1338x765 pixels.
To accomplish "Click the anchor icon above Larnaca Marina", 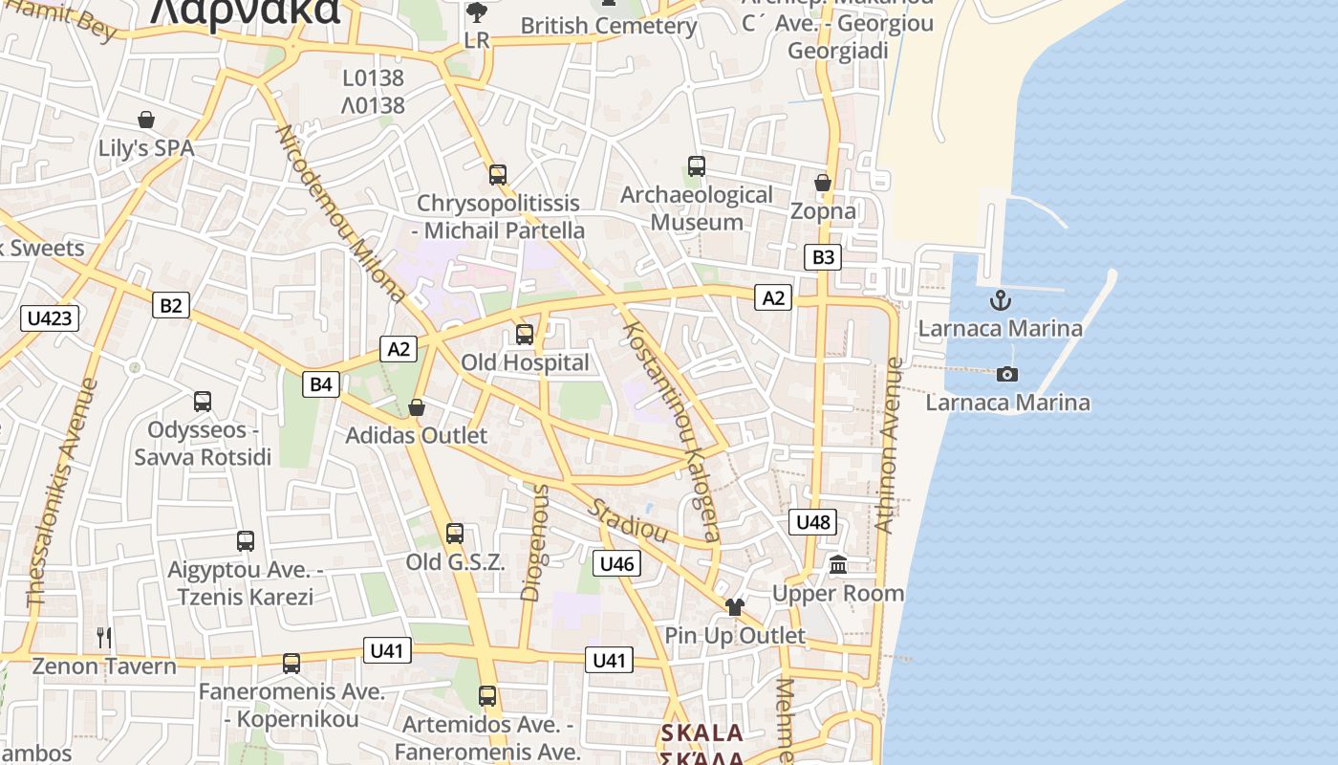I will pos(1000,300).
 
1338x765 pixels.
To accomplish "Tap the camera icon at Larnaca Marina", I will pos(1006,374).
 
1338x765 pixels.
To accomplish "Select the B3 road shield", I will pos(823,256).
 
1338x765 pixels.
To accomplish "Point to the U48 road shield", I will pos(813,521).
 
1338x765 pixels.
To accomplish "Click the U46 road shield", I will pos(616,563).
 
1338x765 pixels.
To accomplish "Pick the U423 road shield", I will pos(50,317).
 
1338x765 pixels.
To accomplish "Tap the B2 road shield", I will pos(171,305).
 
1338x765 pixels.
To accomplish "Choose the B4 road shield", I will pos(321,384).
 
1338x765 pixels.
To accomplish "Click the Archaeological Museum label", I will pos(697,208).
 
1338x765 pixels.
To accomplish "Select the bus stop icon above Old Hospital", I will pos(525,335).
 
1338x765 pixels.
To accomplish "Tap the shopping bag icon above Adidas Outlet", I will pos(417,407).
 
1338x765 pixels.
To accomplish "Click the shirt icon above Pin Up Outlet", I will pos(734,606).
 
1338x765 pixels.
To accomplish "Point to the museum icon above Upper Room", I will pos(839,565).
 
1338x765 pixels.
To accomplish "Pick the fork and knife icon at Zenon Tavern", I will pos(104,637).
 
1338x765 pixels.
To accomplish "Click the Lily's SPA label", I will pos(146,148).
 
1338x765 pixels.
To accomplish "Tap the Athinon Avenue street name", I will pos(888,446).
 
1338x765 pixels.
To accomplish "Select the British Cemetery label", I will pos(609,26).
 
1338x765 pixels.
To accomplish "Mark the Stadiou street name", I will pos(627,520).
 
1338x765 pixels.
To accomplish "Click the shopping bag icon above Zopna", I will pos(823,182).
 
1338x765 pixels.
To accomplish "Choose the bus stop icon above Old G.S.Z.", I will pos(455,534).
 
